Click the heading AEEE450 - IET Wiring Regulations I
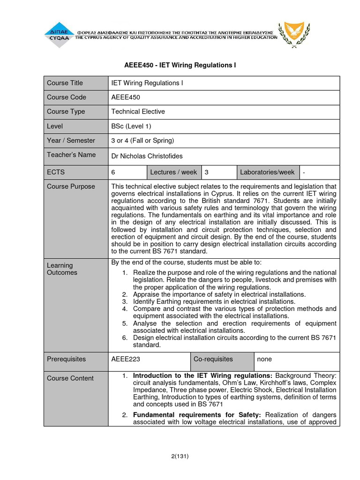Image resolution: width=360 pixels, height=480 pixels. tap(180, 65)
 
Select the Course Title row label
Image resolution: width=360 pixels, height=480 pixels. tap(65, 83)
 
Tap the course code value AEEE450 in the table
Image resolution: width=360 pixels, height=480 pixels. tap(126, 97)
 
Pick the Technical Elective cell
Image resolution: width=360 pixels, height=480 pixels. tap(138, 112)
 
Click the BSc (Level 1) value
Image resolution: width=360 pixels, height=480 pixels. tap(131, 126)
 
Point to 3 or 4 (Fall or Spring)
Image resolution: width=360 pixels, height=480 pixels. tap(142, 140)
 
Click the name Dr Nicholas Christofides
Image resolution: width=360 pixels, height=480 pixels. tap(147, 156)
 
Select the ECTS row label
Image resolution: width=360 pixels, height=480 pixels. tap(55, 172)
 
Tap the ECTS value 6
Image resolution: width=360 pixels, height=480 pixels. tap(113, 172)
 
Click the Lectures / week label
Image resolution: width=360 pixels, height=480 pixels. tap(173, 172)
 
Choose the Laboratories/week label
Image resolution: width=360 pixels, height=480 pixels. tap(267, 172)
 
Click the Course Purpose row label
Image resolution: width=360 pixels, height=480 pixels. tap(71, 187)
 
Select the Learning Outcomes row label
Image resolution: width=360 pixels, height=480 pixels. tap(62, 269)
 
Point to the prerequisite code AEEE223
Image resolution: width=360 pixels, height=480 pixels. tap(126, 359)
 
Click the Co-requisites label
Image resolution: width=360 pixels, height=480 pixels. tap(213, 359)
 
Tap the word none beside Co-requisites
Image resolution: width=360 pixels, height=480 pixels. tap(264, 359)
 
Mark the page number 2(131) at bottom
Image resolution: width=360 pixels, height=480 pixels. tap(180, 456)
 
